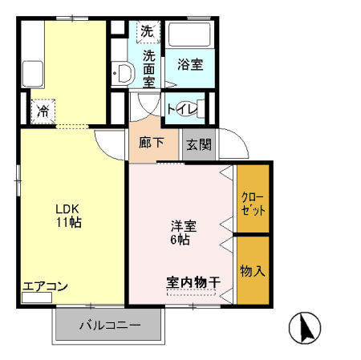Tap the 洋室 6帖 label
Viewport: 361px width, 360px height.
[x=180, y=232]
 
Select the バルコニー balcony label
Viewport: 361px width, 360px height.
[x=110, y=326]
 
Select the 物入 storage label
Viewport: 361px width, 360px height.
[x=252, y=271]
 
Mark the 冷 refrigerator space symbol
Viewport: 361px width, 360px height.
[x=41, y=111]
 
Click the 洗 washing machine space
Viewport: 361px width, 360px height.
[x=147, y=32]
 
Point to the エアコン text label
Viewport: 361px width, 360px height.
[x=45, y=286]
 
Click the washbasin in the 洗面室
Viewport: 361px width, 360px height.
[x=123, y=74]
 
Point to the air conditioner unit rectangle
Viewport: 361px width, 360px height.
[x=36, y=297]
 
